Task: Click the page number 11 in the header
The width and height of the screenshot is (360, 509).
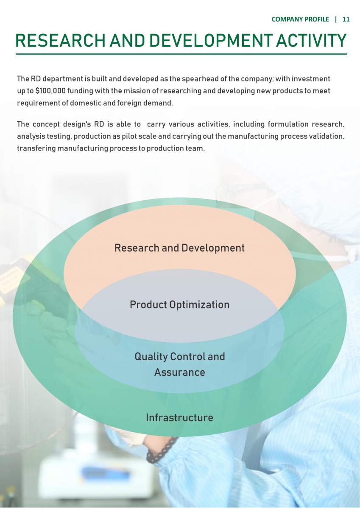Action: (x=346, y=20)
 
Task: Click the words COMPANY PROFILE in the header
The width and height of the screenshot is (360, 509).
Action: (x=300, y=20)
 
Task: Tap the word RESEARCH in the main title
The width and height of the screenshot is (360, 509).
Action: (x=60, y=41)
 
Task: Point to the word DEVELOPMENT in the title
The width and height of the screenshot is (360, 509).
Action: (x=211, y=41)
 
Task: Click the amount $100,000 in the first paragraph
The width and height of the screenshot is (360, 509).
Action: (x=50, y=91)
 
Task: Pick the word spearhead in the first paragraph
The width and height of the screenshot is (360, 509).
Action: (x=201, y=79)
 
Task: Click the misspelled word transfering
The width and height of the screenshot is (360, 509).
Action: (x=36, y=148)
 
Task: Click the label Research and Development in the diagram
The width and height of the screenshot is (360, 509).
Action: (x=179, y=248)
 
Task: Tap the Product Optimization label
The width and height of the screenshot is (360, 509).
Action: (x=179, y=305)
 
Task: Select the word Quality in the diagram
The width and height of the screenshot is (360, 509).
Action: (x=151, y=357)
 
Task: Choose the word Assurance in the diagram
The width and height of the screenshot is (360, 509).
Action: (x=180, y=372)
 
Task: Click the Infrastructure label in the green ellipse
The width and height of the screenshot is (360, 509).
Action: (x=179, y=418)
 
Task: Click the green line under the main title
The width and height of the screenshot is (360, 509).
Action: (x=181, y=54)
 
